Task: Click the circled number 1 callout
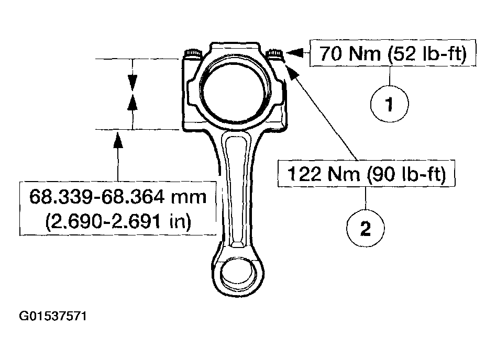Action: [389, 105]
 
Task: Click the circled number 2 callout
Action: [366, 228]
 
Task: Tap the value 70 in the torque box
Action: [331, 54]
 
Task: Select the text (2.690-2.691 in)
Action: [117, 221]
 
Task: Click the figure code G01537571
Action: [52, 316]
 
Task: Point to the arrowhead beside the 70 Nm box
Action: [294, 52]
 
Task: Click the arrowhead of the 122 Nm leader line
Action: [292, 72]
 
